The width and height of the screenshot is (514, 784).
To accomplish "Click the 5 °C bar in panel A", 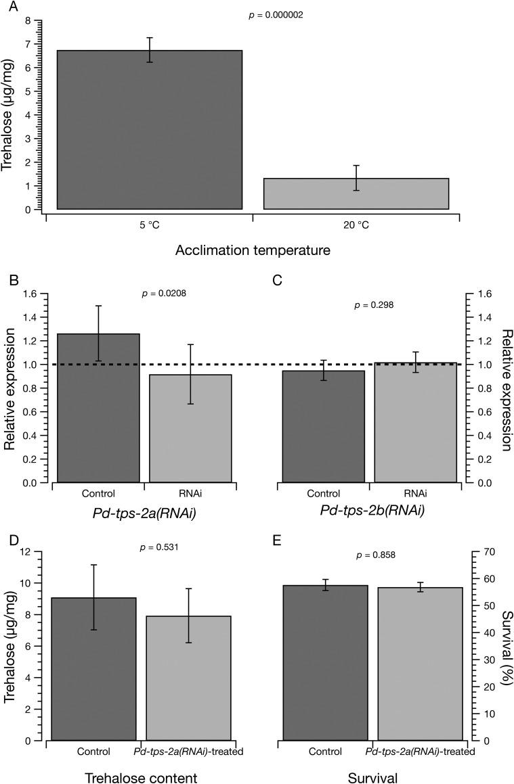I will [x=140, y=130].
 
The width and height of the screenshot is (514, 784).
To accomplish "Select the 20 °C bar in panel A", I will [x=356, y=193].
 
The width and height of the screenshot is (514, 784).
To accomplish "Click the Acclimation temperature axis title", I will [x=253, y=251].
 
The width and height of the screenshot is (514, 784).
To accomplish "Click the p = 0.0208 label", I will [x=164, y=294].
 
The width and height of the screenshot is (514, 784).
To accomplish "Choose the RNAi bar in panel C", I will [x=414, y=423].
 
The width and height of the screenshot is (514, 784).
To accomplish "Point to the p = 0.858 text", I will [x=376, y=555].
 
